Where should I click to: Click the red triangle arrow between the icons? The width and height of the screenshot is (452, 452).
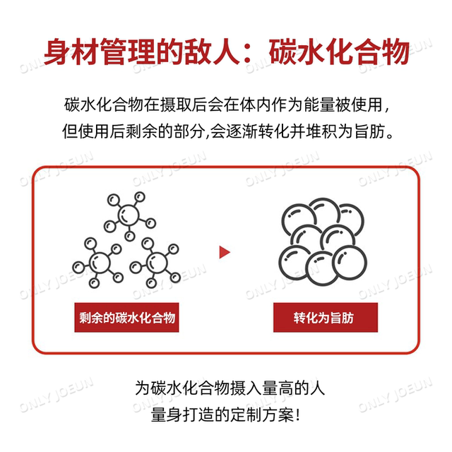coord(225,252)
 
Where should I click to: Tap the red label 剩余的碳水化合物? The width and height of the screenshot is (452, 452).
coord(126,317)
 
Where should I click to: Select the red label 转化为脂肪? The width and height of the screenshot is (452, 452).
coord(326,317)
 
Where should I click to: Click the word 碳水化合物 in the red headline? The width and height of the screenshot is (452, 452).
coord(339,52)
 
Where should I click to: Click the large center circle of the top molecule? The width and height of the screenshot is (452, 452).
coord(129,215)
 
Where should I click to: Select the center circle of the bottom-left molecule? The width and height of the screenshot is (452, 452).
coord(100,262)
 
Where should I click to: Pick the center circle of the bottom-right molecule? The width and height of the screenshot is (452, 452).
coord(157,262)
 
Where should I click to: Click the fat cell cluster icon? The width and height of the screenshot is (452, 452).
coord(323,242)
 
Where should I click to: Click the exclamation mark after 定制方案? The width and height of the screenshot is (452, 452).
coord(298,415)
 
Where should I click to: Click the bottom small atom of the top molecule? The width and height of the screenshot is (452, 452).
coord(130,236)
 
